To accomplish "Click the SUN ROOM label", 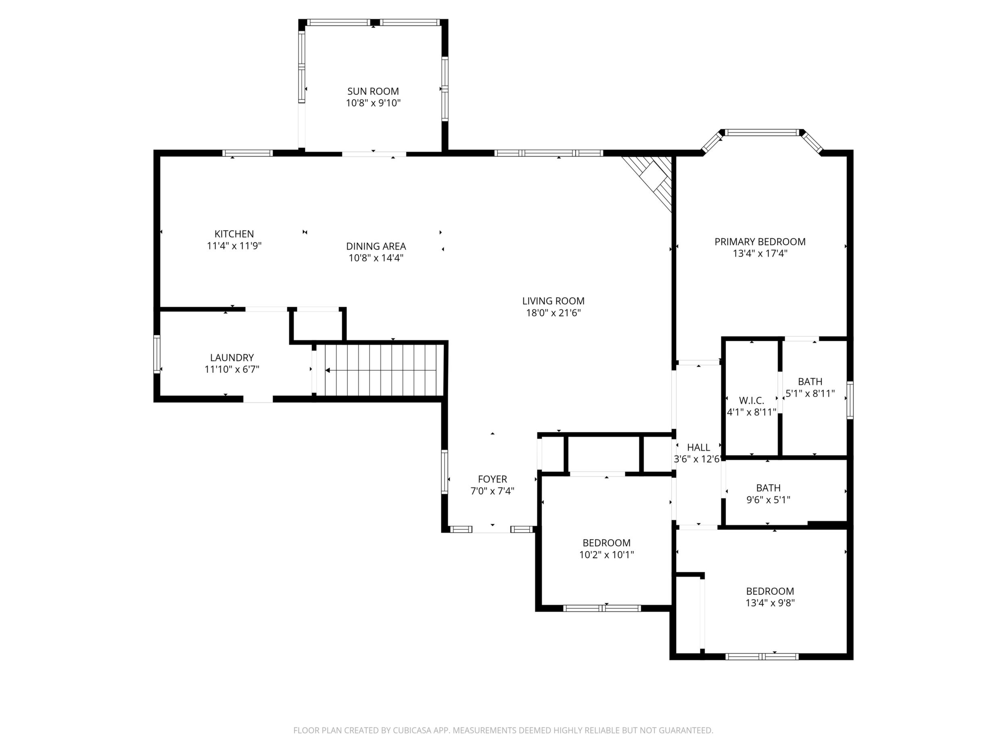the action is [373, 91].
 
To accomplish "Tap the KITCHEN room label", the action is [234, 234].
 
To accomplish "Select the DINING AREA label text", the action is [376, 246].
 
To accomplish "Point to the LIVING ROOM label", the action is [553, 301].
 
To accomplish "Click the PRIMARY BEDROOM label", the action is [760, 241].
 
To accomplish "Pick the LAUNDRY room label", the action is [232, 358].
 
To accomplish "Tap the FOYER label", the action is [492, 479].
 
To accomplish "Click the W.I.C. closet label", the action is [752, 401].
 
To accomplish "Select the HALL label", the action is [698, 447].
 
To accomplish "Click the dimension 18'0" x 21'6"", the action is [553, 313].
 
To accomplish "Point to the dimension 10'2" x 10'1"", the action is [606, 555].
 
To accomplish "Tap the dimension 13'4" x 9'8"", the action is [770, 603].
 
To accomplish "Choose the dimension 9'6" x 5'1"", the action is [768, 500].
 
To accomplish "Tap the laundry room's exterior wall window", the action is [157, 354].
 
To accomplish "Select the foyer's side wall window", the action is [444, 471].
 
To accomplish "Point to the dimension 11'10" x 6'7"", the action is [232, 370].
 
